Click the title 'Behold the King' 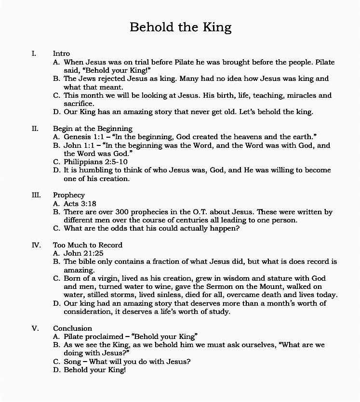click(x=180, y=27)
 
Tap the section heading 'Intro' click(x=61, y=53)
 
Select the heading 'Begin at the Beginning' click(x=93, y=129)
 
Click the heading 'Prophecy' click(x=69, y=195)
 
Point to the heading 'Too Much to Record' click(x=88, y=245)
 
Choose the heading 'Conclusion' click(x=72, y=328)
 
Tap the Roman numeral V click(x=35, y=328)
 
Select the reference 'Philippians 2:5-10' click(x=95, y=162)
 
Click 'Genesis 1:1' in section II click(x=84, y=137)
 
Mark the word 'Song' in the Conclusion click(x=73, y=362)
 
